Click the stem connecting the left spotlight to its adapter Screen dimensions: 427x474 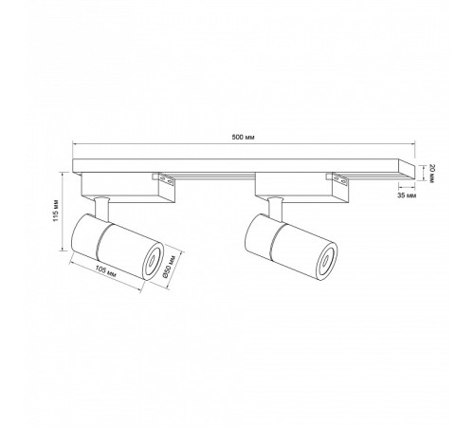[x=101, y=206]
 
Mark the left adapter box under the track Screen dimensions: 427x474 [x=123, y=186]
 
